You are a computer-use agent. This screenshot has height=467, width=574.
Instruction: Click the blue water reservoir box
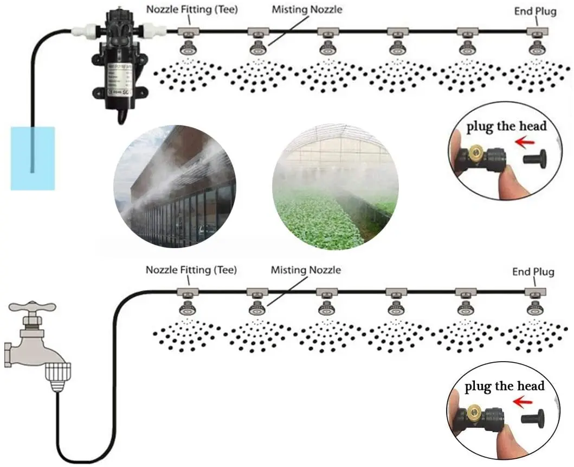click(33, 158)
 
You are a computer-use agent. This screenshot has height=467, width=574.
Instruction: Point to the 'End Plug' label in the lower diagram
click(533, 272)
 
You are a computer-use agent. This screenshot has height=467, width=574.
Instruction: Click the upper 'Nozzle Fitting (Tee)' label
click(192, 9)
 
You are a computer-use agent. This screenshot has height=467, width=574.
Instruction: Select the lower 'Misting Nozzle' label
click(306, 269)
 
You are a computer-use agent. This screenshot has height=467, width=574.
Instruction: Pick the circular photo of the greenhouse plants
click(335, 187)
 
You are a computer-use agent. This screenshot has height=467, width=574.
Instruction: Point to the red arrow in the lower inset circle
click(522, 402)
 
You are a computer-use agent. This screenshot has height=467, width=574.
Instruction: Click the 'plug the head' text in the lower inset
click(504, 386)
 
